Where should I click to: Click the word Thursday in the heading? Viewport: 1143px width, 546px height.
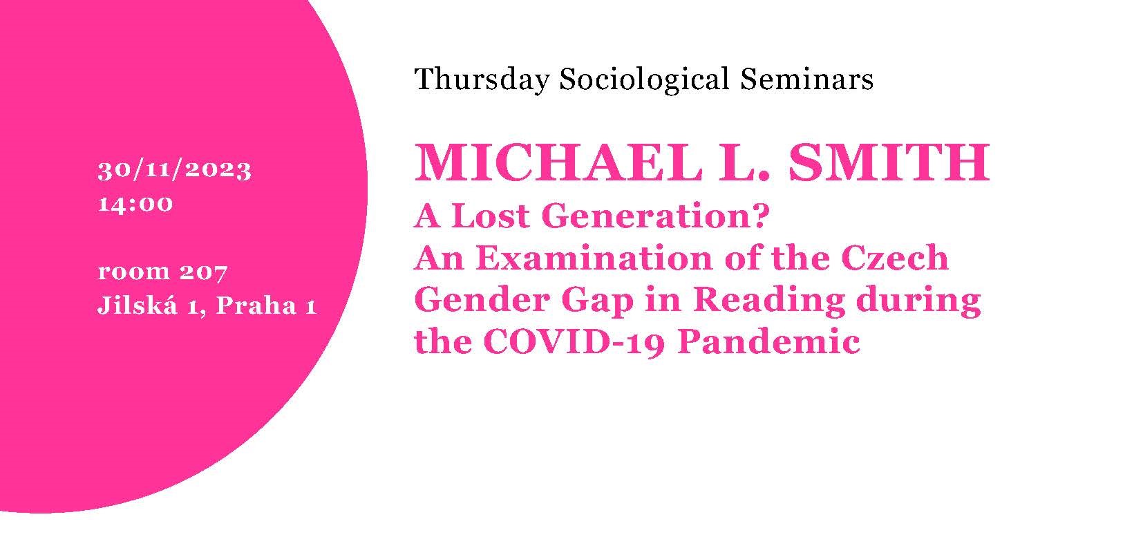point(482,80)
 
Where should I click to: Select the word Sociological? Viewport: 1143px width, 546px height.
point(644,80)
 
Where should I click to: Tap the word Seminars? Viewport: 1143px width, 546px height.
point(806,79)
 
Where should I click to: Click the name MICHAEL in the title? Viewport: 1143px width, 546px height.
point(558,163)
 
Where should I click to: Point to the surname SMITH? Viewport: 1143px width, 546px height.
point(889,163)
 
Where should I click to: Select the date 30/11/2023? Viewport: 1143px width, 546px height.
point(175,171)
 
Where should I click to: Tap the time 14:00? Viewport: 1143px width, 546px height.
point(135,204)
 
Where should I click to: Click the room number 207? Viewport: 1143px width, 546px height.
point(203,272)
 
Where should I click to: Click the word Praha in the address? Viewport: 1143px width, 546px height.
point(256,306)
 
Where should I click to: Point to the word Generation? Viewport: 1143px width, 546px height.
point(655,216)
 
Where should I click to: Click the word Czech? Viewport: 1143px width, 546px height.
point(894,258)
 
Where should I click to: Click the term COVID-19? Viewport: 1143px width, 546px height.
point(574,342)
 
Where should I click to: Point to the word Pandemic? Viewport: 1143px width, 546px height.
point(769,341)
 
